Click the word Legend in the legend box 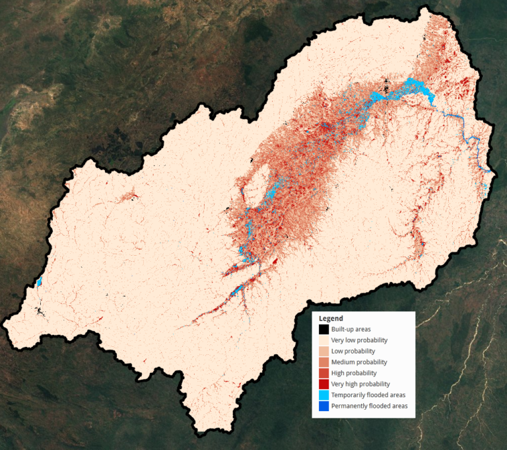coord(331,319)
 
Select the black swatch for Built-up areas coord(323,329)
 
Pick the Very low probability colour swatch coord(323,340)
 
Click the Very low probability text coord(359,340)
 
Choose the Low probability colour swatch coord(323,351)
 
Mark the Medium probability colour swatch coord(323,362)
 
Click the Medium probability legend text coord(359,362)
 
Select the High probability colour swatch coord(323,373)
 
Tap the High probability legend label coord(354,373)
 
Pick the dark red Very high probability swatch coord(323,384)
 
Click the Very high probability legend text coord(360,384)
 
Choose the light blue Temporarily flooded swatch coord(323,394)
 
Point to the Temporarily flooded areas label coord(368,394)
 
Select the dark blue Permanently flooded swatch coord(323,406)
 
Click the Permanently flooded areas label coord(369,406)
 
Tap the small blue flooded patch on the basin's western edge coord(38,282)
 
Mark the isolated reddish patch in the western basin coord(129,196)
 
